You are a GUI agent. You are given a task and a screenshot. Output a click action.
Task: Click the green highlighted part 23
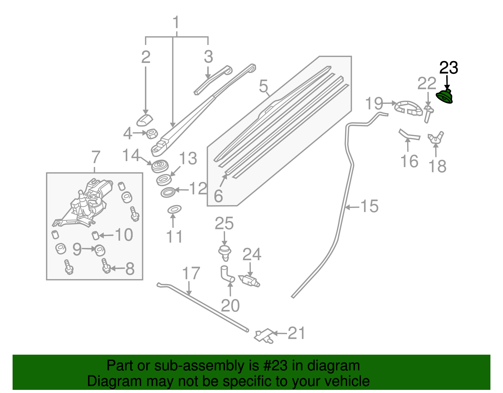pos(445,97)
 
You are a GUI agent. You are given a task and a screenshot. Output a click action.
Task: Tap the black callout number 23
pos(448,68)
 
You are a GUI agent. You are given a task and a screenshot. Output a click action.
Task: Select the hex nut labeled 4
pos(152,134)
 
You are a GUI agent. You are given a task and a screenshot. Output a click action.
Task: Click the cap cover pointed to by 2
pos(144,121)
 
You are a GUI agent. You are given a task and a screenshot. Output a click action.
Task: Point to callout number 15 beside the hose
pos(369,206)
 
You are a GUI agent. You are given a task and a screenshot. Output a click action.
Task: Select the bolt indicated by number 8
pos(106,266)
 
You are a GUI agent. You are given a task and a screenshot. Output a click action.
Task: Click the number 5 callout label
pos(263,86)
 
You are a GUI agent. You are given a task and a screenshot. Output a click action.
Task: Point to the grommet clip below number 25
pos(224,253)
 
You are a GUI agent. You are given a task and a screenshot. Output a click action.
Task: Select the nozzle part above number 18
pos(435,138)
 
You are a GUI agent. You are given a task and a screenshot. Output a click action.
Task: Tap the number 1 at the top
pos(176,23)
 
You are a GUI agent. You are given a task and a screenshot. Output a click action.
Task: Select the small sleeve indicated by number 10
pos(95,235)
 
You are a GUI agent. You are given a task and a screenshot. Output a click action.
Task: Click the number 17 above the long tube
pos(191,273)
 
